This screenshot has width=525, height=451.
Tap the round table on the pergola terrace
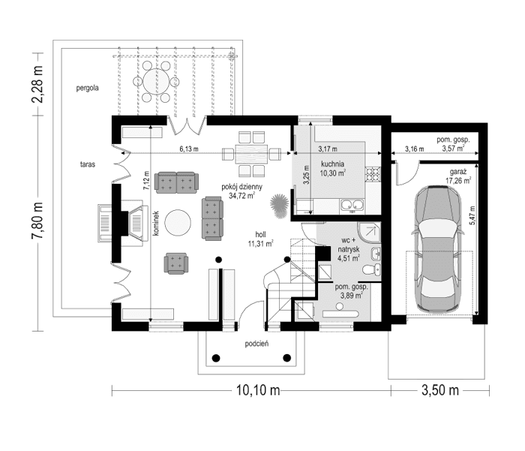(156, 82)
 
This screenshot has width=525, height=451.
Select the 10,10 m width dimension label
(258, 390)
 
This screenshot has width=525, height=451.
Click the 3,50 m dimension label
(439, 390)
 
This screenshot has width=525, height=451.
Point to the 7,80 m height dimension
(37, 220)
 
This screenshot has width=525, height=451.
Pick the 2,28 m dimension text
(37, 84)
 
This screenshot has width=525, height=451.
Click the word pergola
(88, 89)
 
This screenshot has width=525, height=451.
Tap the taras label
(88, 164)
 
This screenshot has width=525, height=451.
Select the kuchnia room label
(332, 164)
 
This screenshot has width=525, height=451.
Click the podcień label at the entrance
(256, 344)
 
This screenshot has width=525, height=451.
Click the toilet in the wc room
(371, 269)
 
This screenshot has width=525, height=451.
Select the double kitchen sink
(352, 206)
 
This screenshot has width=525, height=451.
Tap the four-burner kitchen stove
(373, 174)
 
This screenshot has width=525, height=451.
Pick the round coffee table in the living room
(178, 222)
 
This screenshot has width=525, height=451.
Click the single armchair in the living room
(175, 263)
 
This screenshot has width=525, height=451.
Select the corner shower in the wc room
(369, 233)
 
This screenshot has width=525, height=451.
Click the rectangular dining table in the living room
(251, 154)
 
